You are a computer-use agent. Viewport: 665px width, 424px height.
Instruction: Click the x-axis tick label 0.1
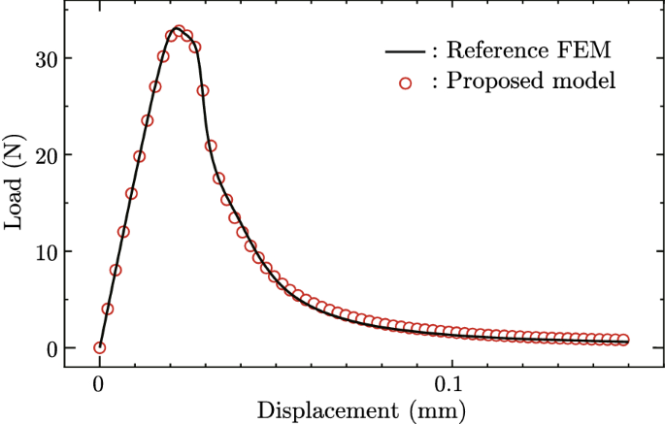[450, 382]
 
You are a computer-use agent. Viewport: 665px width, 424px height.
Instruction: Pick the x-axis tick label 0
[99, 382]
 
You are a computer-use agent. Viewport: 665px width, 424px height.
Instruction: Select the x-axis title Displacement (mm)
[362, 409]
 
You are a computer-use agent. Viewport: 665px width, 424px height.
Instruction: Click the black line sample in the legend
[404, 51]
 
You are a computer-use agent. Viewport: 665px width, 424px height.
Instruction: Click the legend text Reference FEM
[529, 51]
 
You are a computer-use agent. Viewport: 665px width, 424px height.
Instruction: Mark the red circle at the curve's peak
[179, 31]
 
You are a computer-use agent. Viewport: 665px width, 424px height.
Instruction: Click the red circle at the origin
[99, 347]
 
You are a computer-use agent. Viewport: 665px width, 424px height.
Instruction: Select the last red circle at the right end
[622, 340]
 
